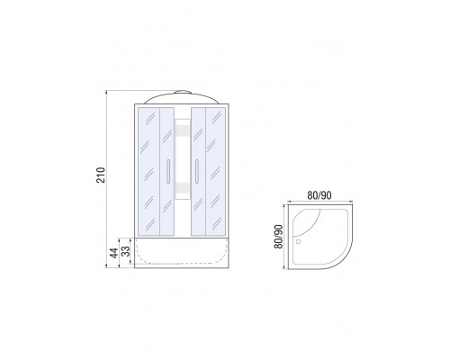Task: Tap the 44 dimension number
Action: [x=113, y=253]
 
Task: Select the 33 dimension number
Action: [x=126, y=251]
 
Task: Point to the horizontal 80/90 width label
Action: [x=319, y=195]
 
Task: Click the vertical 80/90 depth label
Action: [x=278, y=237]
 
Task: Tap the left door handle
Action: [x=168, y=171]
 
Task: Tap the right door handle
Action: [x=197, y=171]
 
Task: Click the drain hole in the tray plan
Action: [x=298, y=241]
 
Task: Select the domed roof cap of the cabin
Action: [x=182, y=97]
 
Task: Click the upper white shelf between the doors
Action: [x=183, y=130]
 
